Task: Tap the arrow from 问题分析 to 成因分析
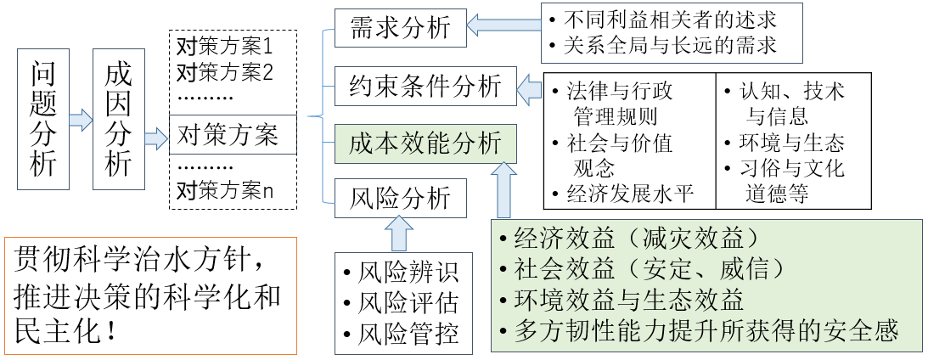[x=81, y=118]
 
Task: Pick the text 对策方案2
[x=224, y=71]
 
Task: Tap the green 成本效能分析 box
[x=425, y=143]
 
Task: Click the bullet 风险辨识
[x=400, y=273]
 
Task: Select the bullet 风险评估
[x=400, y=302]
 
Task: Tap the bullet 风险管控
[x=400, y=332]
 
